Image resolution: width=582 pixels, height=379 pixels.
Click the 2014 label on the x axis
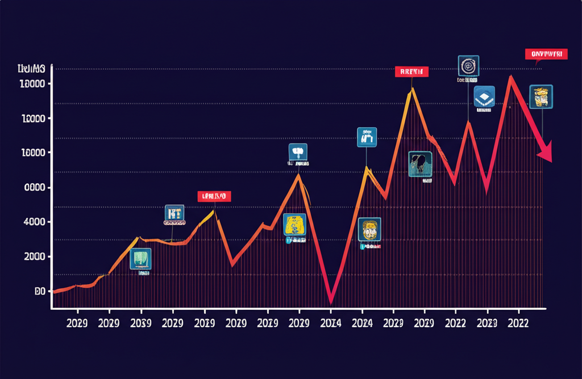[x=331, y=323]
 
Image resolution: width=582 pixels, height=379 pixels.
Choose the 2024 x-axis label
[x=362, y=323]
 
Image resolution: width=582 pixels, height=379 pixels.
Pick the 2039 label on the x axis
[x=141, y=323]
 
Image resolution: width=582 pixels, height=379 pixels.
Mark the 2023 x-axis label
[x=487, y=323]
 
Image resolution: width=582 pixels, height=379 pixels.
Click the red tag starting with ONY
[x=546, y=54]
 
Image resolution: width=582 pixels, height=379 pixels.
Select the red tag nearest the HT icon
[x=215, y=196]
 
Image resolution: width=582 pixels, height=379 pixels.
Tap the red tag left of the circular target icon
[x=411, y=71]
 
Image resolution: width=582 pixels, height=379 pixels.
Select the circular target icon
[x=468, y=66]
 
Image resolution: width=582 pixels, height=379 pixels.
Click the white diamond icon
[x=484, y=96]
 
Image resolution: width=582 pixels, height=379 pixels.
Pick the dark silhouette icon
[x=420, y=164]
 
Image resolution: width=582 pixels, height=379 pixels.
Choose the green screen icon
[x=140, y=259]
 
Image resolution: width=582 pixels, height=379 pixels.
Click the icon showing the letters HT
[x=174, y=214]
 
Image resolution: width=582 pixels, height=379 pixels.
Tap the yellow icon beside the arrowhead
[x=541, y=96]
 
